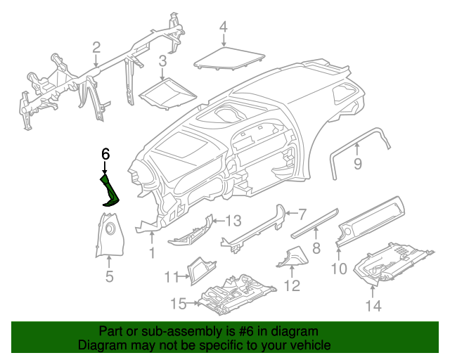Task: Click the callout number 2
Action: (96, 48)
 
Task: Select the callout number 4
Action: (223, 27)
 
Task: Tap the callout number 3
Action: (162, 61)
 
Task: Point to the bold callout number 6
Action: (105, 154)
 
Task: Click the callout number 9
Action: (357, 165)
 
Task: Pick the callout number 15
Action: (179, 304)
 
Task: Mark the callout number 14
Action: (373, 305)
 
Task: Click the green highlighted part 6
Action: (110, 191)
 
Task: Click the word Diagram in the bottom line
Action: (99, 345)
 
